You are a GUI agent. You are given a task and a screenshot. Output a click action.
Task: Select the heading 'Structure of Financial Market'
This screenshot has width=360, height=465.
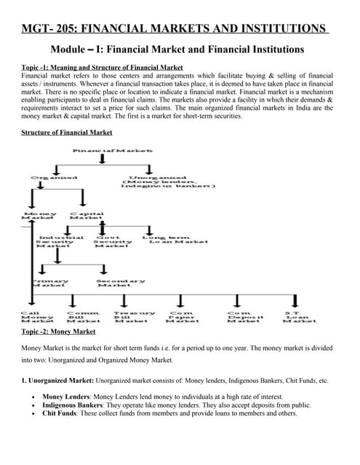pyautogui.click(x=67, y=132)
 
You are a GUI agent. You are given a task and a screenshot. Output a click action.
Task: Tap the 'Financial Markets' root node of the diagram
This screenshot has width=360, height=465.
pyautogui.click(x=113, y=150)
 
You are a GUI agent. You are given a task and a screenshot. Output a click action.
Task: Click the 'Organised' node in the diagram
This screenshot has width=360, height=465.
pyautogui.click(x=54, y=178)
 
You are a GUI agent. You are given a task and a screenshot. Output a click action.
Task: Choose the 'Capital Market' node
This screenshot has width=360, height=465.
pyautogui.click(x=86, y=215)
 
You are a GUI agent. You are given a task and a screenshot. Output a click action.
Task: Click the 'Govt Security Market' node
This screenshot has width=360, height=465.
pyautogui.click(x=114, y=241)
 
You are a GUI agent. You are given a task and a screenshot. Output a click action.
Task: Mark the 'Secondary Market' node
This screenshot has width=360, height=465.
pyautogui.click(x=120, y=283)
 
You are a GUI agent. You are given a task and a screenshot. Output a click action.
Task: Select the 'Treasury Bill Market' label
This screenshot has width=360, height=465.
pyautogui.click(x=134, y=317)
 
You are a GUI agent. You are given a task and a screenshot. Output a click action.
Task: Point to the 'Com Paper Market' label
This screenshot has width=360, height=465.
pyautogui.click(x=183, y=317)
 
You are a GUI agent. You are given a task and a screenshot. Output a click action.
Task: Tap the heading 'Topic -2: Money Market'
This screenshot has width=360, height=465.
pyautogui.click(x=58, y=331)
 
